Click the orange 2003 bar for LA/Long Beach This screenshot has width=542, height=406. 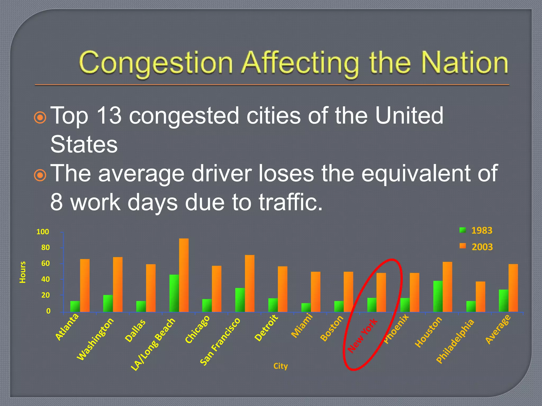point(184,275)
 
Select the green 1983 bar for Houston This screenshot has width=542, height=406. point(438,296)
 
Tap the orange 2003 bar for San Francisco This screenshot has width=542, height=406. point(250,283)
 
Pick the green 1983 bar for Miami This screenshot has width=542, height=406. point(306,307)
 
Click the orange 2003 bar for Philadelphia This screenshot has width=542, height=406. point(480,297)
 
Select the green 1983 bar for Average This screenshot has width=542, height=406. point(503,301)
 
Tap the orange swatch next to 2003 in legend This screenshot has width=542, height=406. point(463,246)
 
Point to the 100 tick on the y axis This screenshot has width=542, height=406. point(43,232)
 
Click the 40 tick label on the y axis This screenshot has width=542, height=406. point(45,279)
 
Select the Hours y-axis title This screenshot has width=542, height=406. point(23,272)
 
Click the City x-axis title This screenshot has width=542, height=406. point(281,366)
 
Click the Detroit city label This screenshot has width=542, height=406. point(266,328)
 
